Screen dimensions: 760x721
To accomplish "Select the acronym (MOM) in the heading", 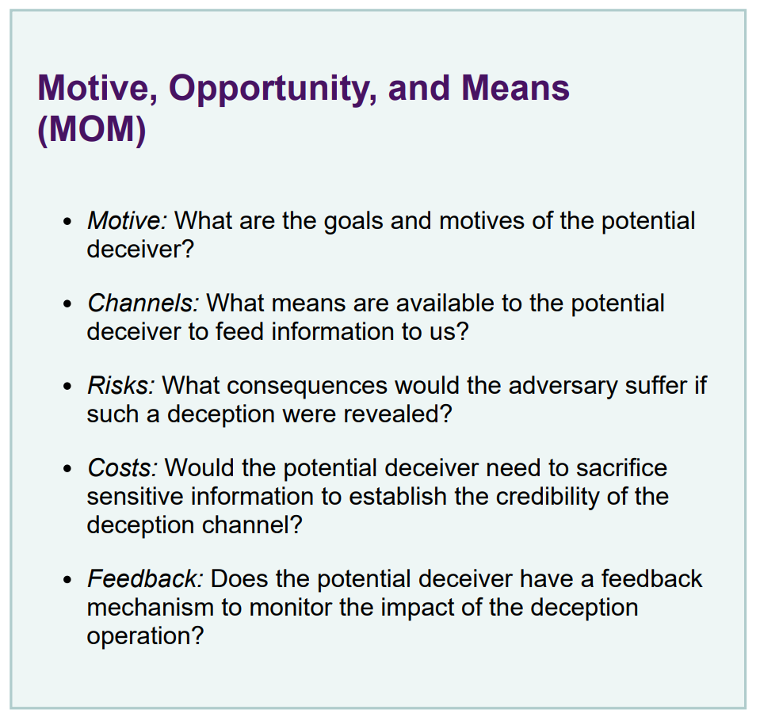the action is tap(92, 130).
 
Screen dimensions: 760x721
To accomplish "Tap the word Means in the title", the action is tap(515, 88).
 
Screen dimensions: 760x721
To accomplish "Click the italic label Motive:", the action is tap(127, 220).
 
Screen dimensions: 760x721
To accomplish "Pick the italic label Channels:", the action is tap(143, 303).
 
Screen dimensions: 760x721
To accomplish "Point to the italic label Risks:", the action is tap(121, 385).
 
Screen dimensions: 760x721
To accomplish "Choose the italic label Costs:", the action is tap(123, 467).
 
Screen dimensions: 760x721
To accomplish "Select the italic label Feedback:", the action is tap(145, 578).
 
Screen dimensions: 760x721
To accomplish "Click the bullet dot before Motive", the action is tap(67, 222).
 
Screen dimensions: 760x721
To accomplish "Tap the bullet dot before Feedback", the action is tap(67, 580).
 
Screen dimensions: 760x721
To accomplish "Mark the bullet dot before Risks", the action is tap(67, 387).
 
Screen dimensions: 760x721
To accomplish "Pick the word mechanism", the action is tap(151, 607).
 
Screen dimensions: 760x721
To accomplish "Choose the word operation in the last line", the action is tap(145, 637).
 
